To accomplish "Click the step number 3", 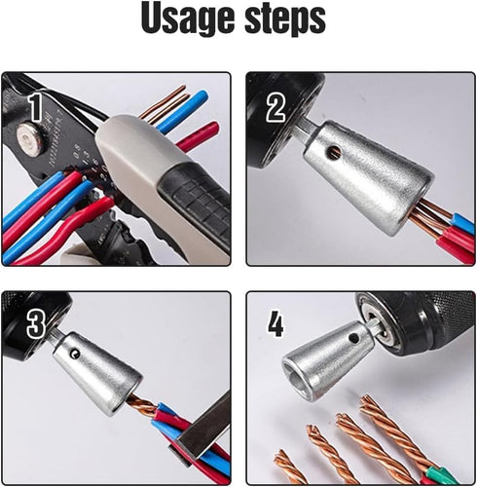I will click(36, 324).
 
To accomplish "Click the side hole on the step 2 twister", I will click(333, 152).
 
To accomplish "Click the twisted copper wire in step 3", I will click(145, 407).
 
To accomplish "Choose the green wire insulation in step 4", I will click(434, 475).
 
